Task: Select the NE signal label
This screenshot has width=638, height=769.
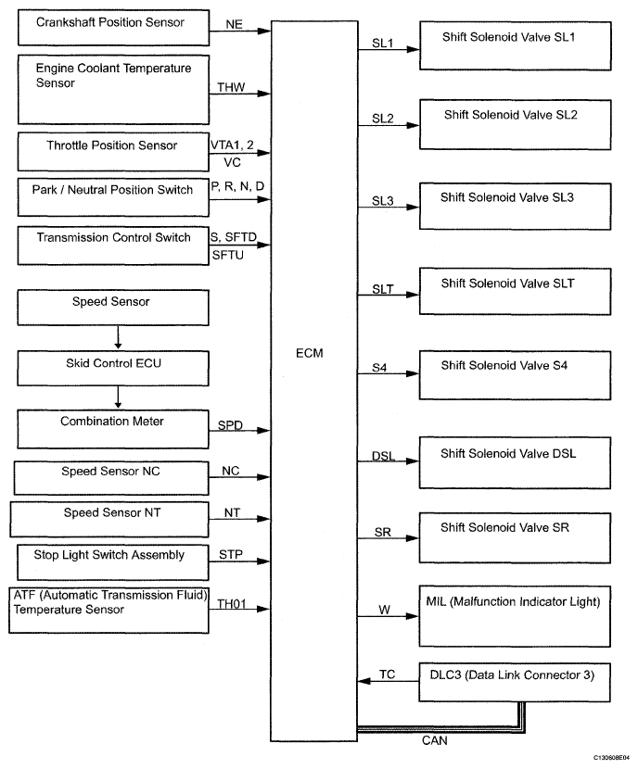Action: tap(234, 24)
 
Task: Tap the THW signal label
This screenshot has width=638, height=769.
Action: tap(231, 87)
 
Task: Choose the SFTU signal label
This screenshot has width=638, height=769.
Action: tap(228, 255)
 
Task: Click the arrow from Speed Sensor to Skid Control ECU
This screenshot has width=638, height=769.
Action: tap(118, 337)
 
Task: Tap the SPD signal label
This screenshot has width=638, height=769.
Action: tap(230, 424)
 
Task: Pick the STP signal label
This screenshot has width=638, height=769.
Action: tap(231, 554)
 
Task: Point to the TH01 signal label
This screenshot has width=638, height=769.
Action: tap(231, 604)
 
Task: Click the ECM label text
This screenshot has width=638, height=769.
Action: tap(309, 353)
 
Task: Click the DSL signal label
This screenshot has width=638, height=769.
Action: tap(383, 456)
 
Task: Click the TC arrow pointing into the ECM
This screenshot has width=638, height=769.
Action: tap(389, 681)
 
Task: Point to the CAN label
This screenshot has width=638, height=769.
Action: tap(434, 740)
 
